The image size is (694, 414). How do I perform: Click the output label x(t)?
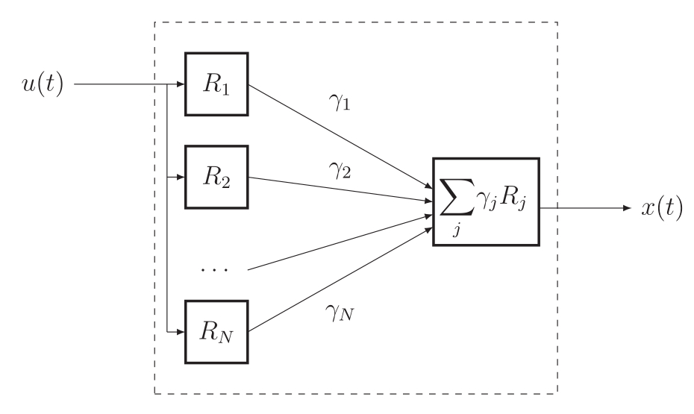coord(662,208)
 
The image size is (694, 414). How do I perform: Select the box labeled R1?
coord(216,84)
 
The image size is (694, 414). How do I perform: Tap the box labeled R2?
coord(216,178)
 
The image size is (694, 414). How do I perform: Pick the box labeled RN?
coord(216,332)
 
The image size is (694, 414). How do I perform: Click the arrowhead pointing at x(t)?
coord(628,208)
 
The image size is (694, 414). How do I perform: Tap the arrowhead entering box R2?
coord(181,178)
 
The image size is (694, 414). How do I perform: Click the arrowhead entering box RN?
coord(181,332)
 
